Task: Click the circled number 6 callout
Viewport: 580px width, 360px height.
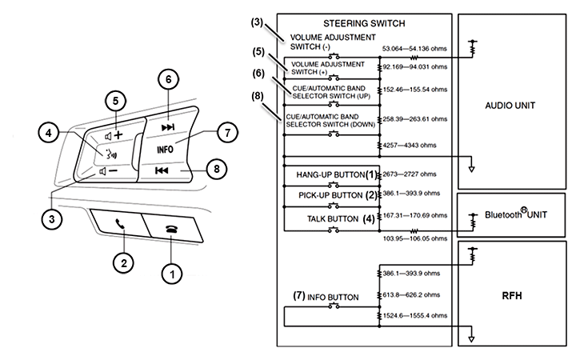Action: (168, 79)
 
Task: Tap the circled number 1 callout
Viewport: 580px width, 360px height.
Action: (172, 274)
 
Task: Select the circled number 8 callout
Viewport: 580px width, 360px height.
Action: (216, 169)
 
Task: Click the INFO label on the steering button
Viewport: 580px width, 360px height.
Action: (165, 150)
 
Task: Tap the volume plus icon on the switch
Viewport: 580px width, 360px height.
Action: (114, 135)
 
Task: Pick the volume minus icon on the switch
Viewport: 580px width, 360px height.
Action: (108, 171)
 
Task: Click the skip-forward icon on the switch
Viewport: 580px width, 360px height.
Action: (168, 128)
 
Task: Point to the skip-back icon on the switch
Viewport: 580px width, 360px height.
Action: (162, 170)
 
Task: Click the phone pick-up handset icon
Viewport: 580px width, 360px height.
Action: (120, 224)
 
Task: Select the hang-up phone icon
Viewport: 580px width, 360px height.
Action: (171, 229)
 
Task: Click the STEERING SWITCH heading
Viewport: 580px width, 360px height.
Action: (364, 24)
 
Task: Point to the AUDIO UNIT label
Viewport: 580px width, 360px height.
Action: (510, 106)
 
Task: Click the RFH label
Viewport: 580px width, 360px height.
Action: (512, 296)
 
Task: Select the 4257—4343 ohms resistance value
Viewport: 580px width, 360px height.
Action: (410, 146)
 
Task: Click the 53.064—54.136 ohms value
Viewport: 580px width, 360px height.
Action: (414, 49)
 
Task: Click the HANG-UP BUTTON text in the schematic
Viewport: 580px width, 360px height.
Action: (330, 174)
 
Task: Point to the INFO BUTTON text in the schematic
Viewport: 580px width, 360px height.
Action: (333, 298)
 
